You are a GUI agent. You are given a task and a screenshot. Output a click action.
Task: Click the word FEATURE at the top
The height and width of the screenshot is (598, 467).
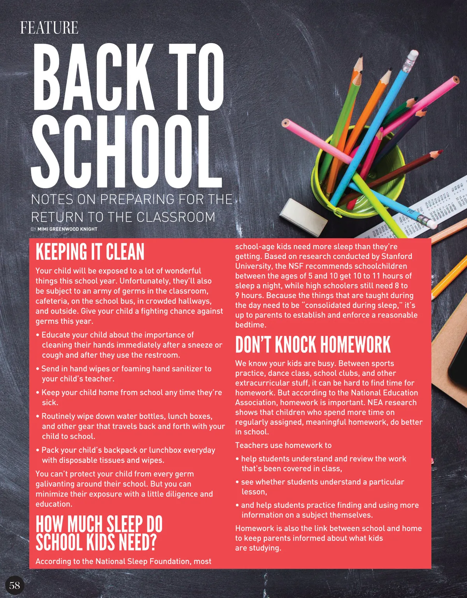tap(49, 28)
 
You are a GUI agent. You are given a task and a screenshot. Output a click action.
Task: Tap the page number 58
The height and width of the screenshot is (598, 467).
tap(15, 585)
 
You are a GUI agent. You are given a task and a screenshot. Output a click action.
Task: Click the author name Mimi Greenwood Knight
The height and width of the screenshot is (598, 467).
tap(67, 229)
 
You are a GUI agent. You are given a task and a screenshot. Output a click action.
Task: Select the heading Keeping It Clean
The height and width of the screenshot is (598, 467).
tap(90, 252)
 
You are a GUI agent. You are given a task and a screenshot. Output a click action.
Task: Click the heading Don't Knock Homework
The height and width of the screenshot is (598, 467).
tap(313, 345)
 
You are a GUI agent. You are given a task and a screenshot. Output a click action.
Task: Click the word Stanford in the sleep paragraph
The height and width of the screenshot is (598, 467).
tap(397, 256)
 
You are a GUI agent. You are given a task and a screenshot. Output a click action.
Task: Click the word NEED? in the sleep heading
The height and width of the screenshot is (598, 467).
tap(138, 542)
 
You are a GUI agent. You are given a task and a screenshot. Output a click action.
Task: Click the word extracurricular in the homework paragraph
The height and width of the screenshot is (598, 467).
tap(262, 383)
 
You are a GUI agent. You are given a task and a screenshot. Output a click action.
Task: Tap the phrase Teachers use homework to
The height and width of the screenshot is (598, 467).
tap(283, 445)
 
